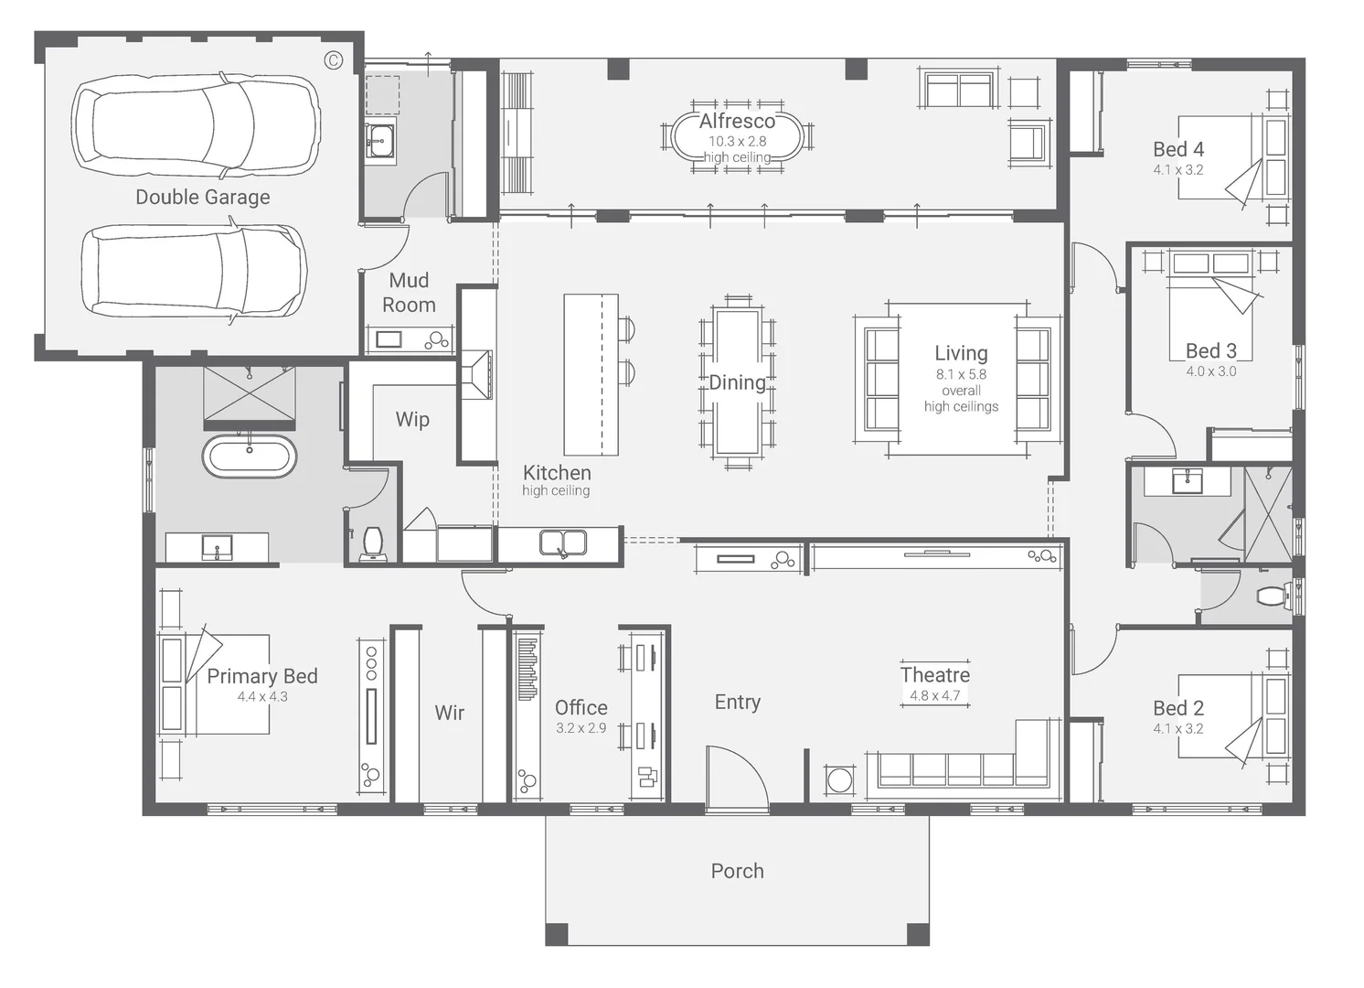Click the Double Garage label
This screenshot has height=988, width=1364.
click(202, 197)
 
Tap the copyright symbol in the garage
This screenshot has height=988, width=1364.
click(334, 60)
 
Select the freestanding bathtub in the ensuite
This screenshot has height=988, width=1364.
click(249, 456)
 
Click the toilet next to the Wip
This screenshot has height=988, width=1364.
click(373, 542)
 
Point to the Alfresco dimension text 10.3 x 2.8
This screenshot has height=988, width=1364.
click(737, 141)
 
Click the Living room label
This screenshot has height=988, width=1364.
click(960, 353)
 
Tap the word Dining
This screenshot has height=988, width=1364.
click(737, 382)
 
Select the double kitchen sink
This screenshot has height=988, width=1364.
click(562, 543)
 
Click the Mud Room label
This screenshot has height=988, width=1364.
click(409, 293)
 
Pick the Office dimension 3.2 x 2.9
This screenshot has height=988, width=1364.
click(581, 728)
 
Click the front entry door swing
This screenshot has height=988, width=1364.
click(737, 778)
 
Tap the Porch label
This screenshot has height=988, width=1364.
click(737, 871)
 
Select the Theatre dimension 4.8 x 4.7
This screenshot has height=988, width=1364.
click(934, 695)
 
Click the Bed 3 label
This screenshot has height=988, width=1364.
click(1210, 351)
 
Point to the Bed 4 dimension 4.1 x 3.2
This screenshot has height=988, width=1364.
click(1178, 169)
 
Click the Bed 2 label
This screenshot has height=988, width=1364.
click(1178, 708)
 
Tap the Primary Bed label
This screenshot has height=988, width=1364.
click(261, 676)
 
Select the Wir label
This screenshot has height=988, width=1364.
click(449, 713)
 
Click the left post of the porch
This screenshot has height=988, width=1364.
click(557, 934)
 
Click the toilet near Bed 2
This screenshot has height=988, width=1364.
click(1272, 597)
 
